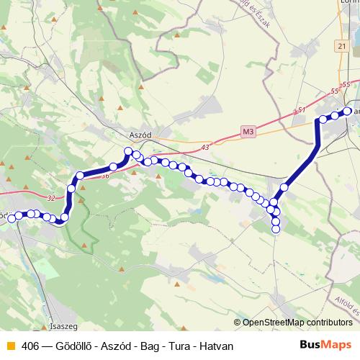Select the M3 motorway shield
coord(248,132)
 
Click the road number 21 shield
coord(341,46)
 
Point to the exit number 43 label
coord(206,147)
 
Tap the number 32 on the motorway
coord(49,199)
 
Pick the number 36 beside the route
coord(105,176)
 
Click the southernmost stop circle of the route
coord(276,230)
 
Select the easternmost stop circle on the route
coord(348,111)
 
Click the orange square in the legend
coord(10,346)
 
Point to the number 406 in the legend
coord(30,346)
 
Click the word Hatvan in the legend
coord(217,346)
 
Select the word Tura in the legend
coord(181,346)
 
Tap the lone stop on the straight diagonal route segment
coord(284,187)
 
